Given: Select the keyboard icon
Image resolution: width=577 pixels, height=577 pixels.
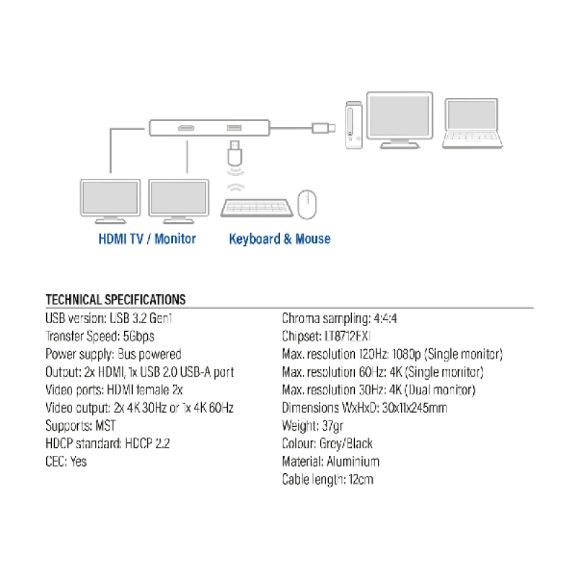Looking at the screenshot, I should [x=257, y=207].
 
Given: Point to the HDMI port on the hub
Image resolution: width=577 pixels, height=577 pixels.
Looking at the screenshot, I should [x=185, y=129].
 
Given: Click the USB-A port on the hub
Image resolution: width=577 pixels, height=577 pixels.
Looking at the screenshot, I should [x=234, y=128].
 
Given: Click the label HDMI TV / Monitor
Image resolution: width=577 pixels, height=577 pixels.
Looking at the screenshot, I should [x=147, y=239].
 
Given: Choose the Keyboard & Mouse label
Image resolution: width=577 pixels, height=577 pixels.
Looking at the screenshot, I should [x=280, y=239].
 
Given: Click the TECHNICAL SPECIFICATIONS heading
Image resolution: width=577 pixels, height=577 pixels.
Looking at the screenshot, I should [x=115, y=300].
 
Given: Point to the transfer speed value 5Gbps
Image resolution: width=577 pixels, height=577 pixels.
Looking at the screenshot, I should [x=138, y=336].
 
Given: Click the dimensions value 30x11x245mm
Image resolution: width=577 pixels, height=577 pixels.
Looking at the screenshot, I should [x=405, y=408].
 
